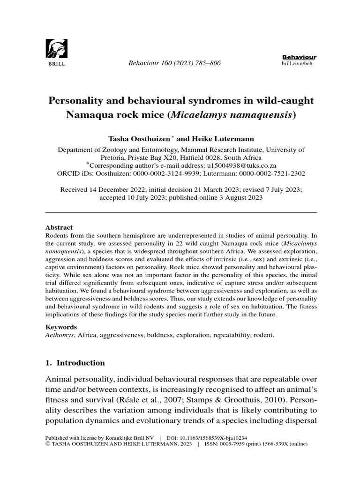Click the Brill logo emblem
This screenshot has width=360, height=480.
click(56, 47)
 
